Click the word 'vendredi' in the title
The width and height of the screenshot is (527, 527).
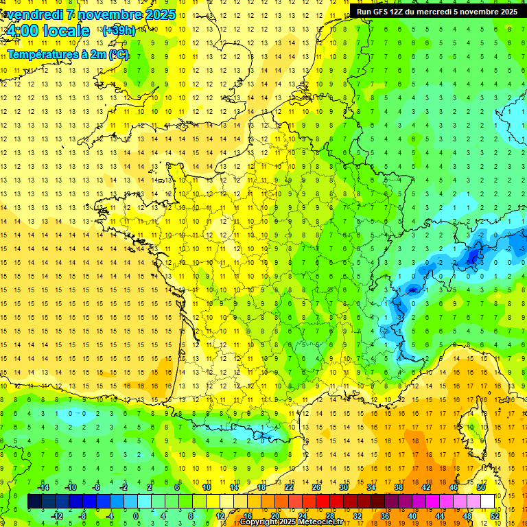click(32, 14)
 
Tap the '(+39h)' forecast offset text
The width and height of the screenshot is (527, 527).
click(118, 30)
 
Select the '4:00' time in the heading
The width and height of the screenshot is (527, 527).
click(21, 31)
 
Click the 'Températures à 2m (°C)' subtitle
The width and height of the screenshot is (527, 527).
click(67, 54)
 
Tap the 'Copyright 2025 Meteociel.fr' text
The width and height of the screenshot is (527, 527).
click(291, 522)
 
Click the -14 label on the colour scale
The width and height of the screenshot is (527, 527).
click(43, 487)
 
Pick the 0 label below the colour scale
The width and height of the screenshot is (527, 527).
click(136, 516)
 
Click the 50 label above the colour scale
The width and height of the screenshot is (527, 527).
click(481, 487)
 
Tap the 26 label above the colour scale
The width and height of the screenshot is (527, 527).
click(316, 487)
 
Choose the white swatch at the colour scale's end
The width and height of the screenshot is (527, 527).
click(488, 502)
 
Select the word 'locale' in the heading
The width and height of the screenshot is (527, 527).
click(66, 31)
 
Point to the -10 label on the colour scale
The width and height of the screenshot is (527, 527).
click(70, 487)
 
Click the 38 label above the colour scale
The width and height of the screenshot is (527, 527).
click(398, 487)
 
